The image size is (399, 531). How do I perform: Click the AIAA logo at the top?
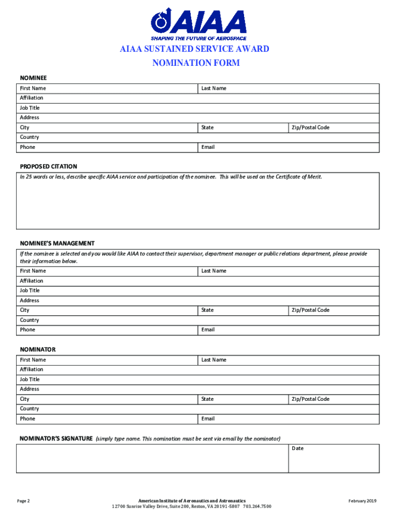(x=198, y=21)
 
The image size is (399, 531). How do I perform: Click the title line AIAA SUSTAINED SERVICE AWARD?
(x=195, y=49)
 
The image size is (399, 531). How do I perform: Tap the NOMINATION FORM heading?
(x=195, y=63)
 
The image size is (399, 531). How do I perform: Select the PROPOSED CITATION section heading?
(x=48, y=166)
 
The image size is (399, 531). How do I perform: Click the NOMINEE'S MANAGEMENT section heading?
(x=57, y=243)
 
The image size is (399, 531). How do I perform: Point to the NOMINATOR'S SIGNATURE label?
(x=56, y=439)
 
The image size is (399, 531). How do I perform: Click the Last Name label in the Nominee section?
(x=213, y=88)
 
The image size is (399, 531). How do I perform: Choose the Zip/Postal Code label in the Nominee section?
(x=310, y=128)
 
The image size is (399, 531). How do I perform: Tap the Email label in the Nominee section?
(x=208, y=147)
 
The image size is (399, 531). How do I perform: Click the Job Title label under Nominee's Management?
(x=30, y=290)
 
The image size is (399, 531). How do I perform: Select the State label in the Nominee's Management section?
(x=207, y=310)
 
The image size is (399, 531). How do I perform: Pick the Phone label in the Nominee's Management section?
(x=27, y=330)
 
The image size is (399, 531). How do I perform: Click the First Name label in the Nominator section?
(x=33, y=360)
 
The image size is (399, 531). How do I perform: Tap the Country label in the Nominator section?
(x=30, y=409)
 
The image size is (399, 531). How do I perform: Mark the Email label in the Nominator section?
(x=208, y=418)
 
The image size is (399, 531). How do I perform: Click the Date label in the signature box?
(x=297, y=448)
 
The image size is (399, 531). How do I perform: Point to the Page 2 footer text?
(x=23, y=501)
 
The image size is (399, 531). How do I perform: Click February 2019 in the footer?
(x=362, y=501)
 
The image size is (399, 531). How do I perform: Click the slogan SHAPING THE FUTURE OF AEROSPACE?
(x=198, y=38)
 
